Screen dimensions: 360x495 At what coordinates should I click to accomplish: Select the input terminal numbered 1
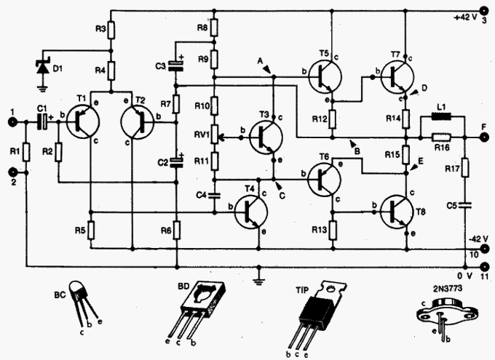click(x=12, y=123)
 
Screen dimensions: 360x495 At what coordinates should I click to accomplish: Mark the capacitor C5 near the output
click(x=468, y=205)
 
